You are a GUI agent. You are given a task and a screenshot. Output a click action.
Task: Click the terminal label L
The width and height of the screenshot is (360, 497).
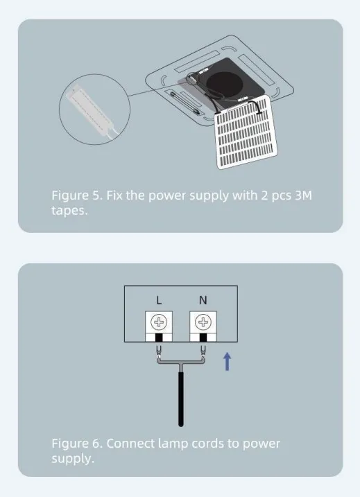pyautogui.click(x=160, y=300)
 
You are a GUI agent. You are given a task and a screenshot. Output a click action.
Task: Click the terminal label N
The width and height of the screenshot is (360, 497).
pyautogui.click(x=203, y=300)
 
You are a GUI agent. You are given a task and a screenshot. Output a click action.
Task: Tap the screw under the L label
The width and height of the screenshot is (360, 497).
pyautogui.click(x=159, y=322)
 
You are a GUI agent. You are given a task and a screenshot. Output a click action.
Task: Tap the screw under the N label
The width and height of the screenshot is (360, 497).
pyautogui.click(x=203, y=322)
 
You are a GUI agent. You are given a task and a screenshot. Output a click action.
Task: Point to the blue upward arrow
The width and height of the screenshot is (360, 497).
pyautogui.click(x=227, y=362)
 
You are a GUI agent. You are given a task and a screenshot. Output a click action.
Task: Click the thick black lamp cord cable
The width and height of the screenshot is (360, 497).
pyautogui.click(x=181, y=399)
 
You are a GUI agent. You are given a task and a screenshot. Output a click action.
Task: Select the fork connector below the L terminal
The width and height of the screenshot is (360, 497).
pyautogui.click(x=159, y=351)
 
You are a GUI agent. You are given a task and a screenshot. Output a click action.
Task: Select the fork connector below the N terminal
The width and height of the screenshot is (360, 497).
pyautogui.click(x=203, y=351)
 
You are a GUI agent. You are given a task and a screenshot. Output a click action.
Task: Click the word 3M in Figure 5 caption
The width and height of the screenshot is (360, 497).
pyautogui.click(x=304, y=195)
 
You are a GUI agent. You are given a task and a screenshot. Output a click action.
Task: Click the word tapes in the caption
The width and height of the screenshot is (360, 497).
pyautogui.click(x=69, y=211)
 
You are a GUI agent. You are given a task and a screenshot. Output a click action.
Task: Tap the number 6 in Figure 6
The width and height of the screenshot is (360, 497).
pyautogui.click(x=97, y=444)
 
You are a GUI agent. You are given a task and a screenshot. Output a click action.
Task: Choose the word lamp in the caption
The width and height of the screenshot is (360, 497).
pyautogui.click(x=173, y=444)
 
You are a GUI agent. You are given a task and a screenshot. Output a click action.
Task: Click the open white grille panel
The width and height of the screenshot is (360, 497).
pyautogui.click(x=246, y=132)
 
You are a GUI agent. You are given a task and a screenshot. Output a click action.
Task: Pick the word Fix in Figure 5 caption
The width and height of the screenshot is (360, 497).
pyautogui.click(x=114, y=195)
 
